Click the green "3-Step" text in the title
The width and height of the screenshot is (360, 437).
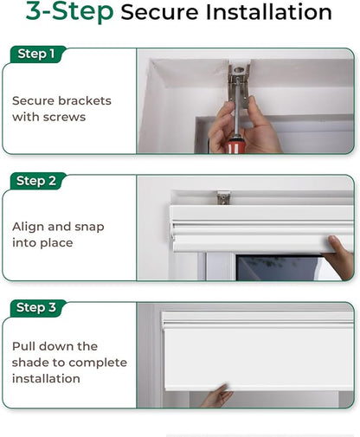(x=69, y=11)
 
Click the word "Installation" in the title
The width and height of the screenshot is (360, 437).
(x=268, y=12)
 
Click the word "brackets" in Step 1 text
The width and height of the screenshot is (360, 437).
(x=85, y=100)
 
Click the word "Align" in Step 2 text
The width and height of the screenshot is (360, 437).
(x=28, y=228)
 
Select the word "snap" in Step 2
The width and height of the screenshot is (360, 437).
(x=89, y=228)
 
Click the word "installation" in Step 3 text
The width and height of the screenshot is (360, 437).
(x=46, y=379)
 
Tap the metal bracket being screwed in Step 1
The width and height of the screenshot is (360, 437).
(x=239, y=85)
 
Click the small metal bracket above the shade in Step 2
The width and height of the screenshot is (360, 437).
(x=223, y=197)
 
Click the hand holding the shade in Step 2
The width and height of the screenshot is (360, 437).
(x=341, y=257)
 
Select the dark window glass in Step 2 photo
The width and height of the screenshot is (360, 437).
(x=278, y=267)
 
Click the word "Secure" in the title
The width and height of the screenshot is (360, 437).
(x=159, y=12)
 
